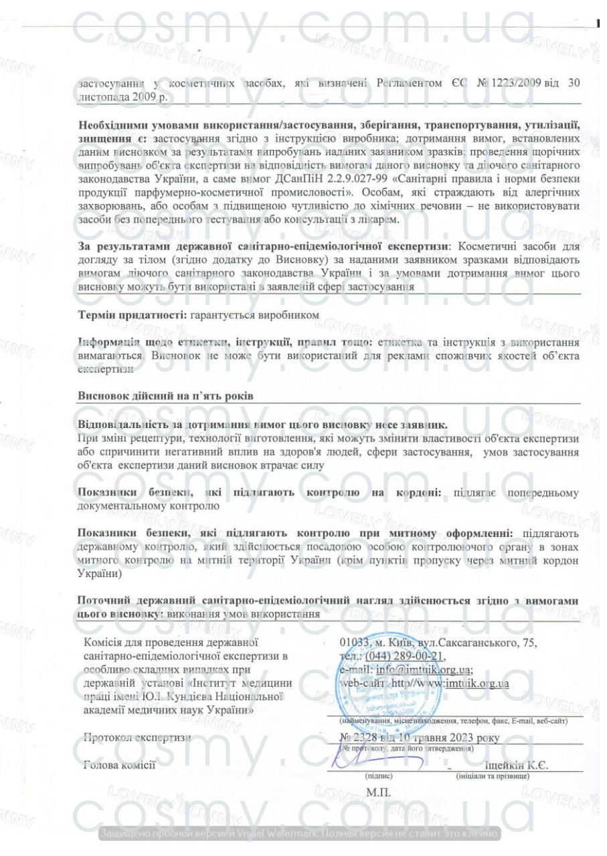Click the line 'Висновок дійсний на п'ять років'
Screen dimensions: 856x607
pyautogui.click(x=165, y=396)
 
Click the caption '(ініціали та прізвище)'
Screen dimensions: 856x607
pyautogui.click(x=492, y=777)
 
